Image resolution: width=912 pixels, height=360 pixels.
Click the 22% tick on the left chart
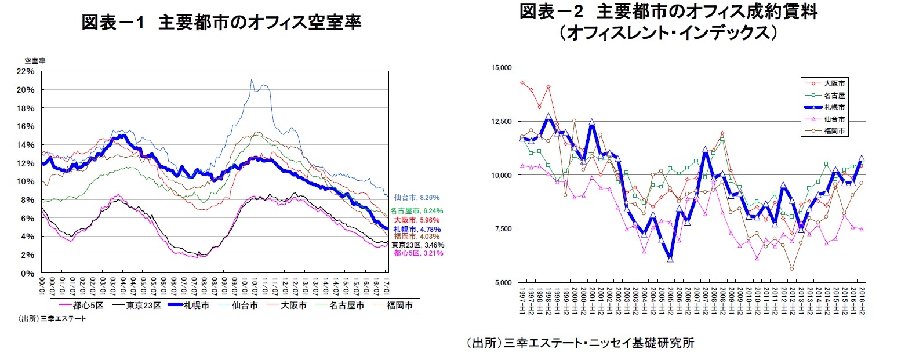27,71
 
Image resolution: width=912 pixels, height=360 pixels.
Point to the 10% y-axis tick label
27,181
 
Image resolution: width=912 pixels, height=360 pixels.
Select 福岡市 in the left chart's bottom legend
399,306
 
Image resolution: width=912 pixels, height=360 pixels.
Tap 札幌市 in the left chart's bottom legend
196,306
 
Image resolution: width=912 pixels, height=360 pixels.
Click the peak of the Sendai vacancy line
252,80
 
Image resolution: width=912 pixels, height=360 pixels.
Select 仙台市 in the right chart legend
834,119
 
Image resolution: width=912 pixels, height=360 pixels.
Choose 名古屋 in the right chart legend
834,95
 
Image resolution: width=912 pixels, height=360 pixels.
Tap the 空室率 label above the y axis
35,60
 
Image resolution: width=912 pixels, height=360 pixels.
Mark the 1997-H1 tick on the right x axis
522,300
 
